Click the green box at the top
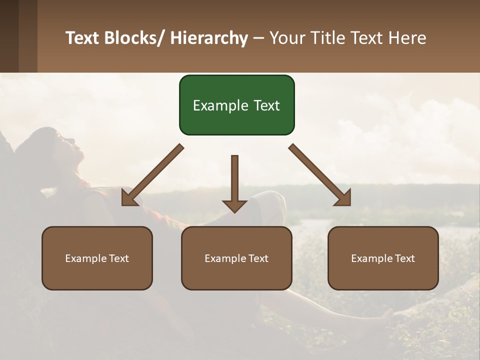pos(236,105)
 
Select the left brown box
pos(97,258)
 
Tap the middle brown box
pos(236,258)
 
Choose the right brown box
pos(383,258)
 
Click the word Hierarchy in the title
pos(208,38)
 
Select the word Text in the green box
pos(265,105)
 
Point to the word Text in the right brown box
pos(404,258)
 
